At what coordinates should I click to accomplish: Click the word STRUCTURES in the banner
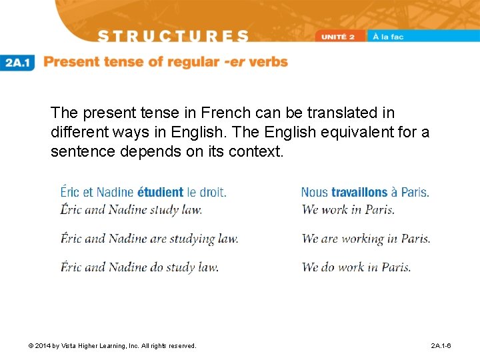point(173,37)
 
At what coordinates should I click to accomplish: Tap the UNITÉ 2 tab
point(341,37)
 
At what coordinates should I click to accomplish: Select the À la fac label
point(389,37)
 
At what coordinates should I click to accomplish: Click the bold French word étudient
point(160,192)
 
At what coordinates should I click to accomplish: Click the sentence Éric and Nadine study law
point(131,209)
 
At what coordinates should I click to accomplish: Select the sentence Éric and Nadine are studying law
point(149,239)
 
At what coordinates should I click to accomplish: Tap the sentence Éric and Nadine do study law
point(139,267)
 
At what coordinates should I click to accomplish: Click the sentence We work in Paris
point(348,209)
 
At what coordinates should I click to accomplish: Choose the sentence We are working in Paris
point(366,239)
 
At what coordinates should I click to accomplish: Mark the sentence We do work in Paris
point(356,267)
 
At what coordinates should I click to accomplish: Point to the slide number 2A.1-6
point(441,346)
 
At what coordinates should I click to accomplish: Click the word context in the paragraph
point(259,151)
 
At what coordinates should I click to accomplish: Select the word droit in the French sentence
point(213,192)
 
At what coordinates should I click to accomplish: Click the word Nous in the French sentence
point(314,192)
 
